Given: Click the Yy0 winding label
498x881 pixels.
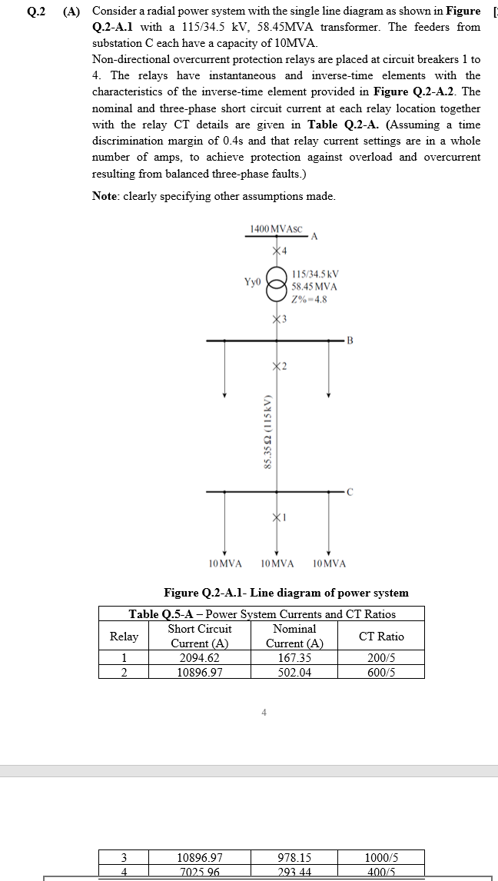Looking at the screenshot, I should point(252,282).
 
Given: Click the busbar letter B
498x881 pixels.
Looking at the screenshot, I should point(350,340).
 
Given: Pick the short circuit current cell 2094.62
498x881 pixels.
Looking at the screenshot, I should point(199,658).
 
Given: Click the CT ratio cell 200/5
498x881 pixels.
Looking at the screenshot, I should point(381,658).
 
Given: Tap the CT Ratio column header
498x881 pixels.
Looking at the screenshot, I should point(381,637).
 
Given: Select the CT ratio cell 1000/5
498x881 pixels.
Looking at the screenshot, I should point(381,857).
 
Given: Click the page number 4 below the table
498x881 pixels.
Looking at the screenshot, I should point(264,713).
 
